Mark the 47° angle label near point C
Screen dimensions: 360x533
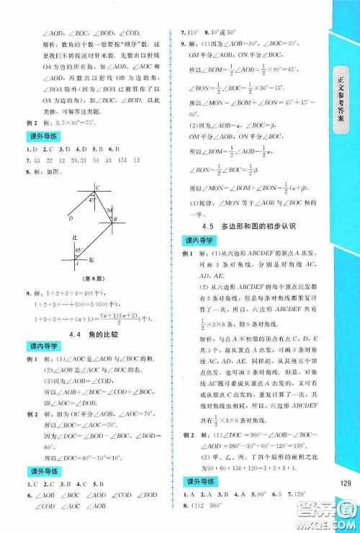94,199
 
